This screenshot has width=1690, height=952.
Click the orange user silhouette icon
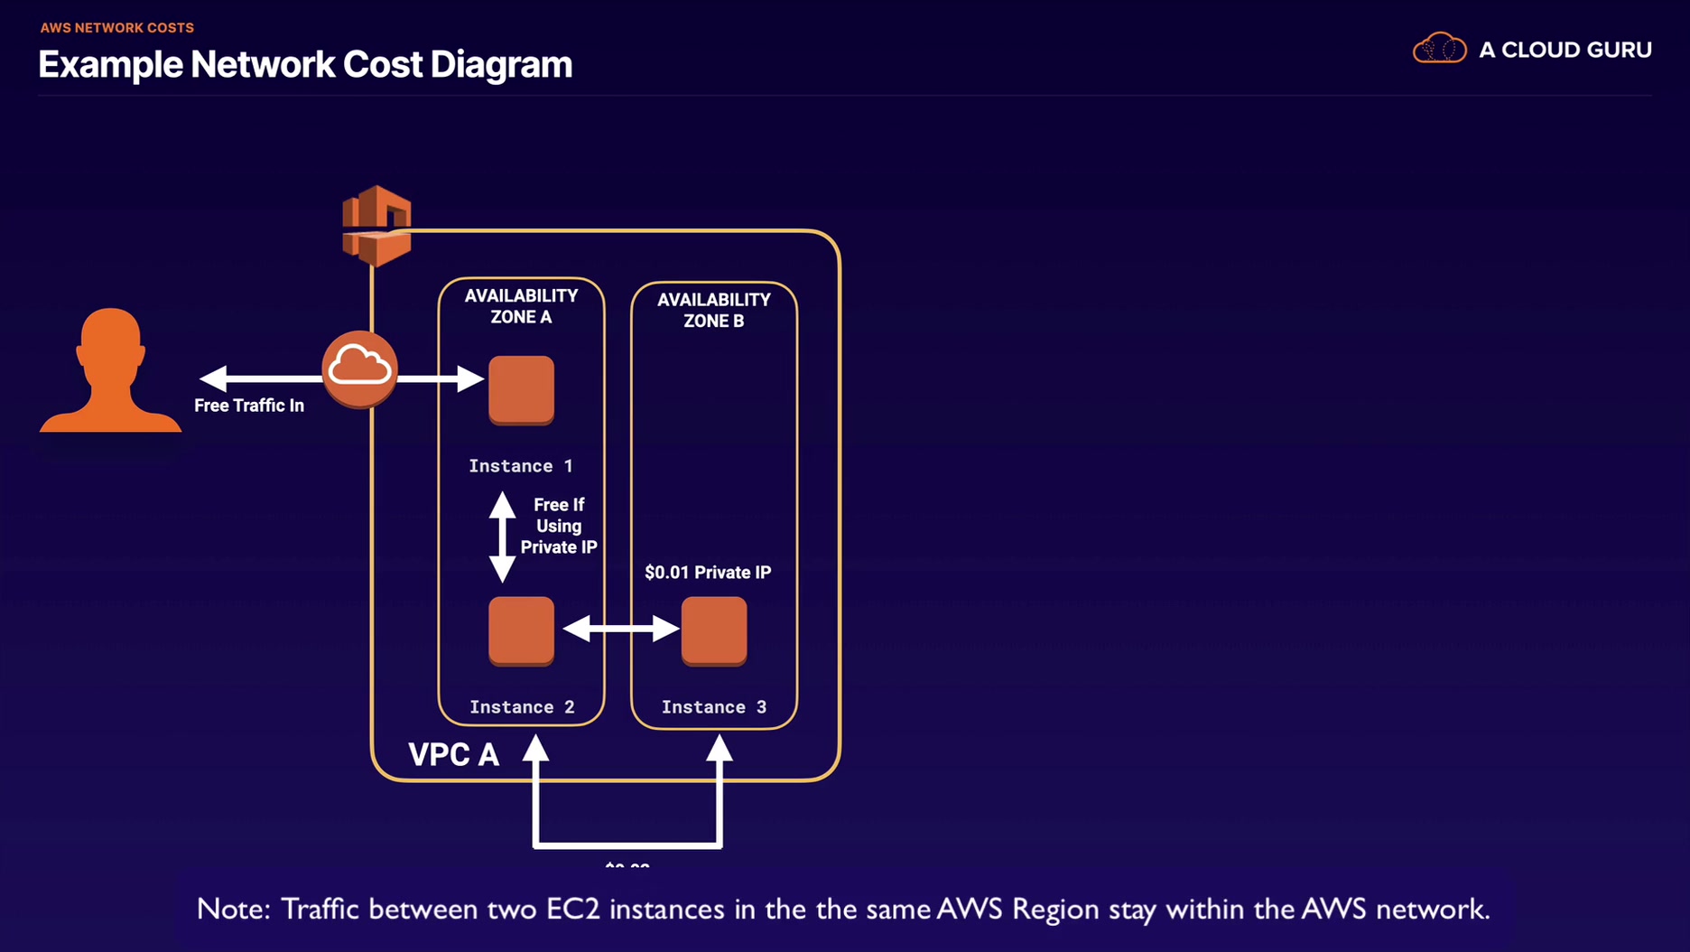tap(110, 372)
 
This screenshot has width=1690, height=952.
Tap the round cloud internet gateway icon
tap(359, 369)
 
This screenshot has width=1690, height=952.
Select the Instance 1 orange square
tap(521, 389)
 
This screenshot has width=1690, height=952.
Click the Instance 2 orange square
tap(521, 630)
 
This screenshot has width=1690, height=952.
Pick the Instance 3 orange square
tap(713, 630)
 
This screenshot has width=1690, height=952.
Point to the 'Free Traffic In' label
tap(249, 406)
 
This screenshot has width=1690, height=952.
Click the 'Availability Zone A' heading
tap(521, 306)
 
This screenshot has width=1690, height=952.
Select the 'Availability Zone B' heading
tap(713, 310)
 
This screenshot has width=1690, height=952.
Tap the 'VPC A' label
tap(453, 754)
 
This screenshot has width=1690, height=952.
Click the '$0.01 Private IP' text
tap(708, 572)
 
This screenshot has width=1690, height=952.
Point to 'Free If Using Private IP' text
tap(558, 526)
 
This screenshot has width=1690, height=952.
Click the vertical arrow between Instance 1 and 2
tap(502, 537)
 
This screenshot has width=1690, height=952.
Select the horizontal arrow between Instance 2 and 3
tap(620, 628)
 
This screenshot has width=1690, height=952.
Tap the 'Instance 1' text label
tap(520, 466)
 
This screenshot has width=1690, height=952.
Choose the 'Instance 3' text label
tap(713, 707)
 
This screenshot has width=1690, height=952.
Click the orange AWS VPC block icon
tap(376, 225)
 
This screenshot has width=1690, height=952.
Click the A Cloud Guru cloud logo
tap(1439, 49)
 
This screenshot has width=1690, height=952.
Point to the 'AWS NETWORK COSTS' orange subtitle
tap(117, 28)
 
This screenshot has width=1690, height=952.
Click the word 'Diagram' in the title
tap(501, 64)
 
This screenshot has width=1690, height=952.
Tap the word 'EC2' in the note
tap(573, 909)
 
